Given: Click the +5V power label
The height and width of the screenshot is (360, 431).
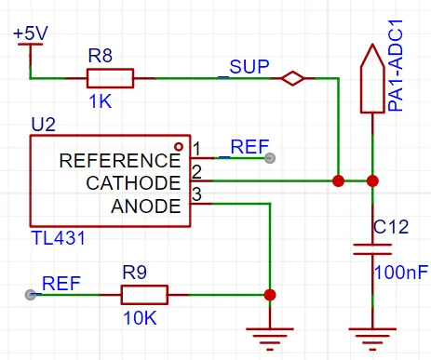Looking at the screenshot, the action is coord(31,33).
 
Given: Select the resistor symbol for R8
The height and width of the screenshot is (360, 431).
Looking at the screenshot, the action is coord(110,78).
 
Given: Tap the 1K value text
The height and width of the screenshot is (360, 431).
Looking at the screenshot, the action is coord(100,101).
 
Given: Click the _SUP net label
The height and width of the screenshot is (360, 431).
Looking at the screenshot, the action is coord(244,67).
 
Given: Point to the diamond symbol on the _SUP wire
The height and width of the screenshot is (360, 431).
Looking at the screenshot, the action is coord(292,78).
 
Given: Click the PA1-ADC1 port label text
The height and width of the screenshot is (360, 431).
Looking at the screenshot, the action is coord(396,65).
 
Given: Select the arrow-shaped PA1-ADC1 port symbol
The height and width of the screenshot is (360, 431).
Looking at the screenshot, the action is coord(372,78).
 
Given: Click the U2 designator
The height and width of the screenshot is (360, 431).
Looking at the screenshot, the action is coord(43,125).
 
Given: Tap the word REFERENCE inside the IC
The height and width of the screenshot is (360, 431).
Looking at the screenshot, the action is coord(120,161).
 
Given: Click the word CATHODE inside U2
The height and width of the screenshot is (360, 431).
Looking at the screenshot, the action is coord(133,183).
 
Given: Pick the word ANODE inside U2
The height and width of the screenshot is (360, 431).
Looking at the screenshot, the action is coord(146,207).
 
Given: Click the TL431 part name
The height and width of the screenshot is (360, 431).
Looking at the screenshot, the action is coord(58,238).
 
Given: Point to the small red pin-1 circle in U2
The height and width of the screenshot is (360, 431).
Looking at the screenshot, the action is coord(179,146).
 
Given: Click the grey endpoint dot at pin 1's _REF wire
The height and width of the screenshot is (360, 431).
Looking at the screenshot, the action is coord(270,158).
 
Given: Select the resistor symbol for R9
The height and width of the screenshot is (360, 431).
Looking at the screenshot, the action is coord(144,295).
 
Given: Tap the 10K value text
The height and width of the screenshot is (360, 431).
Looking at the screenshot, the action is coord(140,318).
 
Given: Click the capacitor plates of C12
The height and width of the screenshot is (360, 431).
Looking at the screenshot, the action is coord(372,249).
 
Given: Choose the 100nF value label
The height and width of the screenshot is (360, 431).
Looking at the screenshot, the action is coord(401,273).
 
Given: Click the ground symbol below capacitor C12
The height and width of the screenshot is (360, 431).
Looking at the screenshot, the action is coord(372,339).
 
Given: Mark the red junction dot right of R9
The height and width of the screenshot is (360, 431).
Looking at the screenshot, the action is coord(270,295).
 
